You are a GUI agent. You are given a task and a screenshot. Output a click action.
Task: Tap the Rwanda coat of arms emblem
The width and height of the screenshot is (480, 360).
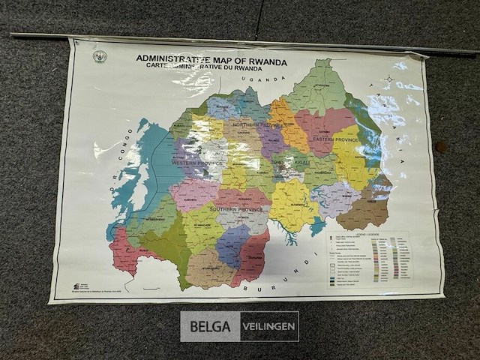coord(99,57)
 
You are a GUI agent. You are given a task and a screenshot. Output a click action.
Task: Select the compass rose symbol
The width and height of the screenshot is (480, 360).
coord(388,79)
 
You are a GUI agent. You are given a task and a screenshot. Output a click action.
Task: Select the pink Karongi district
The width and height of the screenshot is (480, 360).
coord(193,193)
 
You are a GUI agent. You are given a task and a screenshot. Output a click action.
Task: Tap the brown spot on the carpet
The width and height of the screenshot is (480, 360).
coord(440,147)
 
